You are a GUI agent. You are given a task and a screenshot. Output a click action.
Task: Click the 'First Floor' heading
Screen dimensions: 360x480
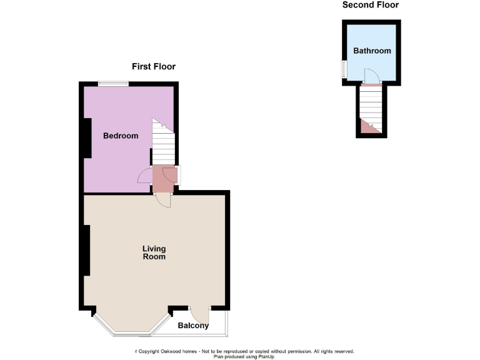[153, 66]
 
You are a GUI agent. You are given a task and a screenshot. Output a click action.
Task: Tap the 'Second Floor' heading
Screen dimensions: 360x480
[370, 5]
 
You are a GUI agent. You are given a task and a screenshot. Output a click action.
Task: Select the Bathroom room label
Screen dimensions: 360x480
[372, 51]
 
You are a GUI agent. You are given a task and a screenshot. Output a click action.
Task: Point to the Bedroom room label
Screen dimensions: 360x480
[121, 136]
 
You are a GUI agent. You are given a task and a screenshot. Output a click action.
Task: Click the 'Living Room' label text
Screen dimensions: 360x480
[154, 252]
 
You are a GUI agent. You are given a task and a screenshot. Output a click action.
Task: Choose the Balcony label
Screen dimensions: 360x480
[193, 326]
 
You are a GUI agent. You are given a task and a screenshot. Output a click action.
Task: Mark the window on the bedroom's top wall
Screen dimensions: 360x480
[113, 84]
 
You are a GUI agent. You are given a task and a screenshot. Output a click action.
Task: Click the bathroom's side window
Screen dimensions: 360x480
[343, 69]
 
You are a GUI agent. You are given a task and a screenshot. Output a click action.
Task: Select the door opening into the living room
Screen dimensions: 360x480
[162, 201]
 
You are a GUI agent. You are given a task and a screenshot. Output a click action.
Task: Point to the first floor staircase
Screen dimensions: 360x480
[162, 141]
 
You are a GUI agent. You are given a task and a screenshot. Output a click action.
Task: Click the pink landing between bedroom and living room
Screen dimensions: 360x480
[164, 179]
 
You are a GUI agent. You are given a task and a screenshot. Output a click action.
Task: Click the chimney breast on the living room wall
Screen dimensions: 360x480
[87, 250]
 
